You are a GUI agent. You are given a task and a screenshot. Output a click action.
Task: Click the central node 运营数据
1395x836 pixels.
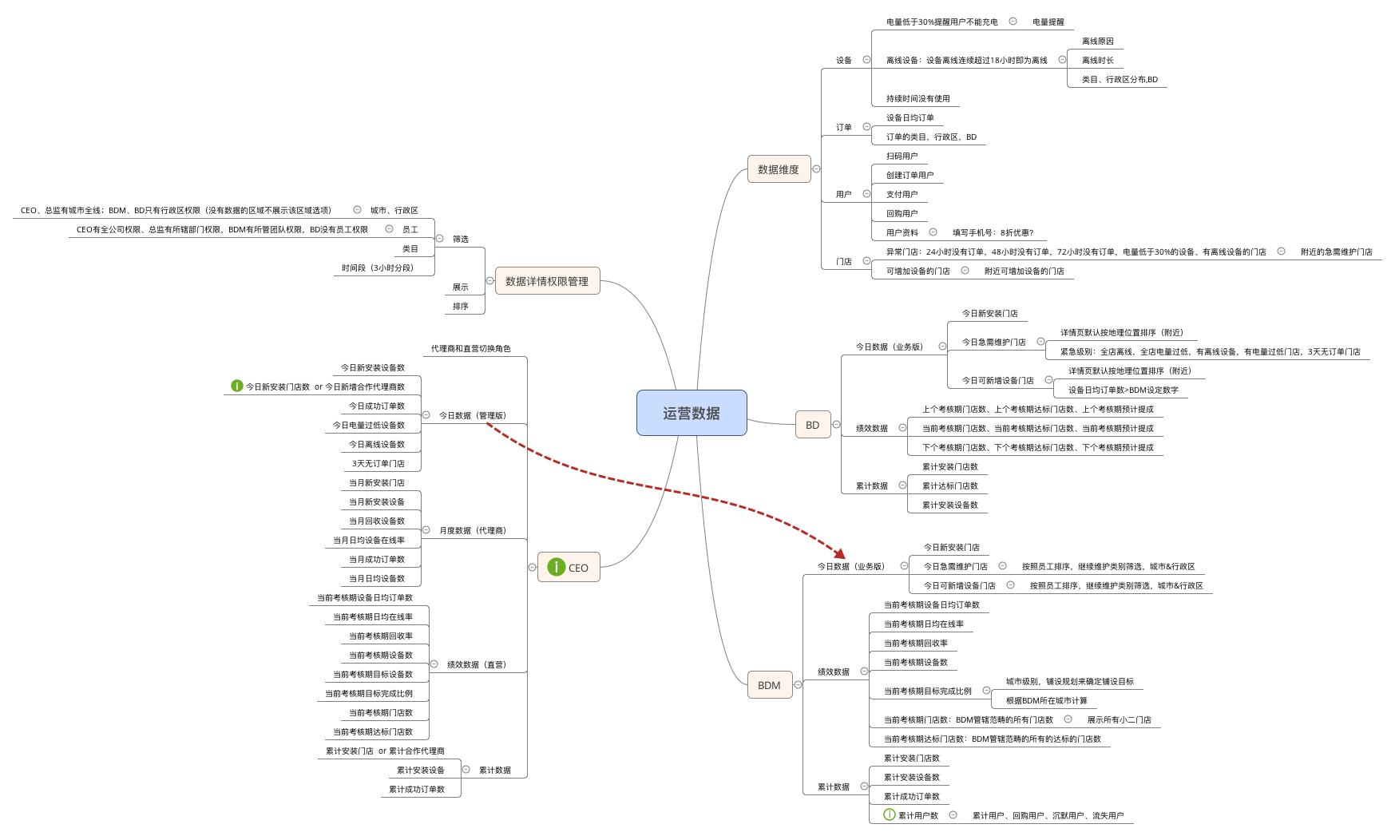point(692,413)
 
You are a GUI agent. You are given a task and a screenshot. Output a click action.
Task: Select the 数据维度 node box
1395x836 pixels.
point(779,169)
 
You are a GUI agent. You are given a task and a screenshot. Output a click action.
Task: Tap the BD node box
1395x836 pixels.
point(812,425)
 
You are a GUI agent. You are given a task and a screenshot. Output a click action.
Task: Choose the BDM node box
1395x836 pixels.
point(769,685)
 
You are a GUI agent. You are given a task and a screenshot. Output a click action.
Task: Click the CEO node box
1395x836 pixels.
point(569,568)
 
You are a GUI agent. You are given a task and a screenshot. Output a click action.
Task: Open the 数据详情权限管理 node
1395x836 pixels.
point(547,281)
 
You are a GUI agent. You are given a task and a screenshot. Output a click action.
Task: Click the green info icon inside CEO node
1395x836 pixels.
point(557,568)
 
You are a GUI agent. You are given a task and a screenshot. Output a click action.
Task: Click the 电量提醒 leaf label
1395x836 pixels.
point(1048,22)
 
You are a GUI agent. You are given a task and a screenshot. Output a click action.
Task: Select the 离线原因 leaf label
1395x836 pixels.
point(1097,42)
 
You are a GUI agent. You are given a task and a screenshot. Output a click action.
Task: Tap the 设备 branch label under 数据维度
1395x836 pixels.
point(843,61)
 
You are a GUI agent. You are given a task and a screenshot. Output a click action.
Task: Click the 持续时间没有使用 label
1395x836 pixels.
point(917,99)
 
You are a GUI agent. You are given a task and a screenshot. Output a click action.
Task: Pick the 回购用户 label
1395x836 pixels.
point(902,214)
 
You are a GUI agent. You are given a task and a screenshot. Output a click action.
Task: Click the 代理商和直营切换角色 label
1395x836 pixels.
point(470,349)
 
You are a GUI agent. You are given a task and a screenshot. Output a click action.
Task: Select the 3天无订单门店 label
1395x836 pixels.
point(378,464)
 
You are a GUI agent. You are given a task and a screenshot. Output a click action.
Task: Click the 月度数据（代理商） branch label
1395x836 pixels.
point(472,531)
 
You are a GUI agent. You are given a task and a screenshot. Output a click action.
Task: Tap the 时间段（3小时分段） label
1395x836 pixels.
point(377,268)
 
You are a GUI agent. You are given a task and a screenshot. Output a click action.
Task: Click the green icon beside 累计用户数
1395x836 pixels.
point(889,815)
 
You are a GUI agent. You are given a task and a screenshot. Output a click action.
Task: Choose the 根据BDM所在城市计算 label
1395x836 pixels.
point(1046,701)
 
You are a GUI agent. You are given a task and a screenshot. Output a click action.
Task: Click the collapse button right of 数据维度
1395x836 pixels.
point(816,169)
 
